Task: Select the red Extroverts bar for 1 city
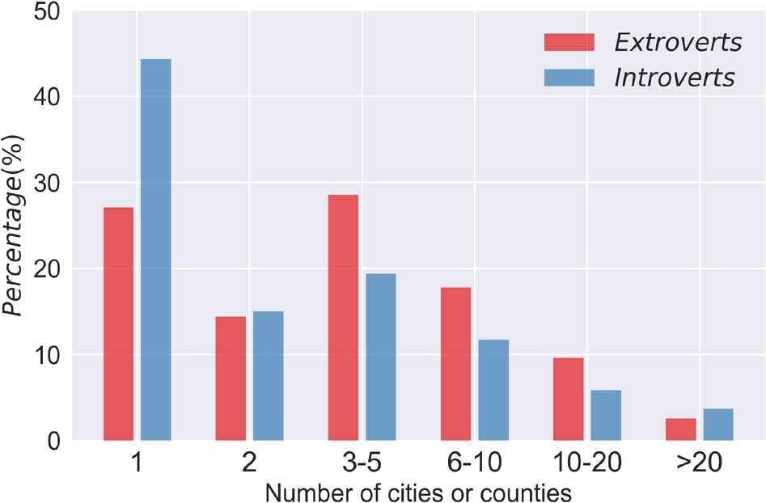pos(118,323)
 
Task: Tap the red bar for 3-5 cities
pos(343,317)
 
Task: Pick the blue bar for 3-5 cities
pos(380,357)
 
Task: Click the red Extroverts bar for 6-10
pos(455,364)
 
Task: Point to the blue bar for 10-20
pos(606,415)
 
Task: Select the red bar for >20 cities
pos(680,429)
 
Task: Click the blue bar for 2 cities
pos(268,375)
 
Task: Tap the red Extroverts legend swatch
pos(569,42)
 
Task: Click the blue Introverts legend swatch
pos(569,78)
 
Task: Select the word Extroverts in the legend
pos(678,42)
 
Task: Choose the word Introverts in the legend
pos(675,78)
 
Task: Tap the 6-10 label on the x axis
pos(474,463)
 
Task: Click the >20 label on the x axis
pos(699,463)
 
